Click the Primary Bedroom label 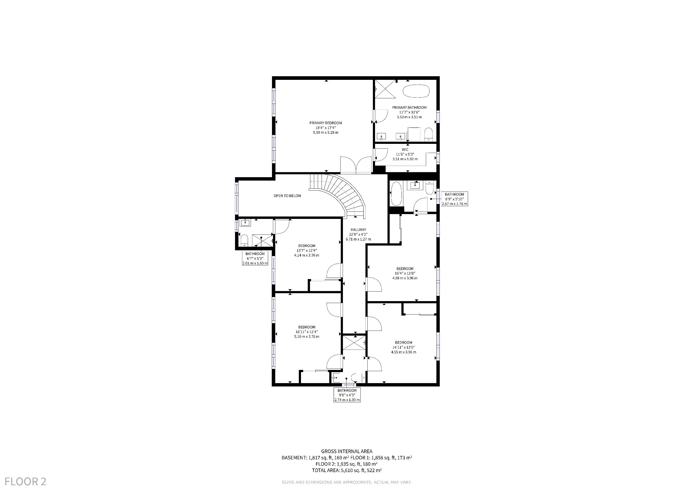coord(325,123)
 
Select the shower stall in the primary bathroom coord(385,89)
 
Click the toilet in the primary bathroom coord(429,134)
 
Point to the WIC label coord(405,150)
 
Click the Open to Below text coord(288,196)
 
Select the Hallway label coord(358,230)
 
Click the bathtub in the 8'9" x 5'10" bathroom coord(396,193)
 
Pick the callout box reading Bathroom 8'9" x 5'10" coord(454,199)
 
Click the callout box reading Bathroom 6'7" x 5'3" coord(255,258)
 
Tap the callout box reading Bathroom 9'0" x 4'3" coord(347,395)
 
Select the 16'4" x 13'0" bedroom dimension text coord(405,273)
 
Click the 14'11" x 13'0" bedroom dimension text coord(404,347)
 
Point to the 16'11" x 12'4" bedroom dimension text coord(307,332)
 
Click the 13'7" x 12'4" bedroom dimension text coord(307,250)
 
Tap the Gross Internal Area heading coord(347,451)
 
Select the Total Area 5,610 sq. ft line coord(347,470)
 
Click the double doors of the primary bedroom coord(356,165)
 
